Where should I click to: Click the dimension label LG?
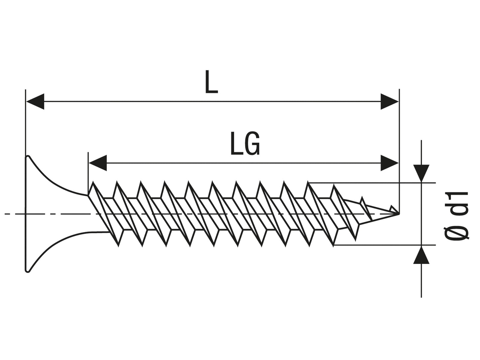245,144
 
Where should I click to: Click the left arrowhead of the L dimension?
35,102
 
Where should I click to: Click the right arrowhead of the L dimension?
389,102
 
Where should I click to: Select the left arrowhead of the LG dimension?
98,163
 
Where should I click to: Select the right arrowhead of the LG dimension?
389,163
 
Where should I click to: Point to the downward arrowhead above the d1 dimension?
421,173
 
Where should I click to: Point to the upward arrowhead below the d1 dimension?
421,255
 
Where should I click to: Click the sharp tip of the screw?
398,214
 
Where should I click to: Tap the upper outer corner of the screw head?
28,156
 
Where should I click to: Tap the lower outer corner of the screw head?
28,271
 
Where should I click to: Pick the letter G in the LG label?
252,144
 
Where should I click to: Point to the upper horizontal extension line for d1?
372,182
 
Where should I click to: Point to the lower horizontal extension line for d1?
382,245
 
